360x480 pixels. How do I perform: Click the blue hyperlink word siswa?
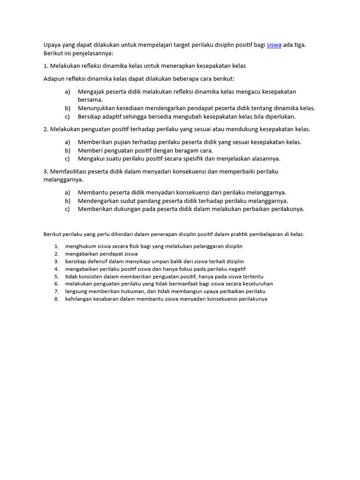pyautogui.click(x=274, y=45)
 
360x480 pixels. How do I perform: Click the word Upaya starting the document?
pyautogui.click(x=52, y=45)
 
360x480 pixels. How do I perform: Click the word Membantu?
pyautogui.click(x=92, y=192)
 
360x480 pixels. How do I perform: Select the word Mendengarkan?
pyautogui.click(x=98, y=201)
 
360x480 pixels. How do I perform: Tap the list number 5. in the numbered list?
pyautogui.click(x=56, y=277)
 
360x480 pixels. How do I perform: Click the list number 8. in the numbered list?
pyautogui.click(x=56, y=299)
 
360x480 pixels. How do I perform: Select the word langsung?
pyautogui.click(x=75, y=292)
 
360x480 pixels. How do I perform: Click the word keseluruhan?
pyautogui.click(x=256, y=284)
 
